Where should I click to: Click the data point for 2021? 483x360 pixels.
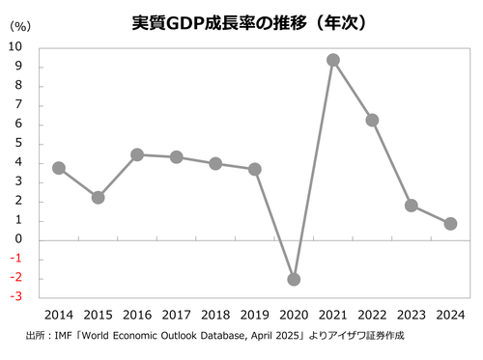(332, 60)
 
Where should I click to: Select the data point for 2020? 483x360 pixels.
(294, 279)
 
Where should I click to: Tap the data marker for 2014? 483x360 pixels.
(59, 167)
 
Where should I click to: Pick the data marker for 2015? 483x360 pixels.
(98, 197)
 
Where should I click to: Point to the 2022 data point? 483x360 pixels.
(372, 120)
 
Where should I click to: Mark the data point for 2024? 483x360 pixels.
(450, 223)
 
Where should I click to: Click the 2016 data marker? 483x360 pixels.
(137, 154)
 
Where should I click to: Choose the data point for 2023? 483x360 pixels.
(412, 205)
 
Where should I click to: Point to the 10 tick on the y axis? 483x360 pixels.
(17, 46)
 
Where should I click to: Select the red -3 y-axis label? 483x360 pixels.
(16, 297)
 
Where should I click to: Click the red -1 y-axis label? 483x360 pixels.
(16, 259)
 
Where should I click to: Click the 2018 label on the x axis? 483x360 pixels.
(215, 315)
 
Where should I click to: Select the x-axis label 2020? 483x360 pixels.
(294, 315)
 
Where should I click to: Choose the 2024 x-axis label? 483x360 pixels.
(450, 315)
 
